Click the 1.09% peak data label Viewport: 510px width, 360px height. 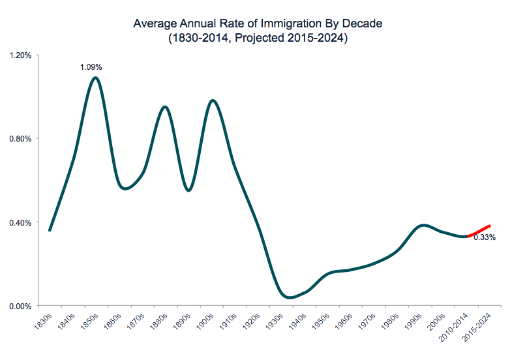click(x=91, y=67)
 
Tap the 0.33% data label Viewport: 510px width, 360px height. click(x=484, y=237)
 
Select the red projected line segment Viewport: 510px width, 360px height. click(x=479, y=231)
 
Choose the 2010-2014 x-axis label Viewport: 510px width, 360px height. click(x=454, y=327)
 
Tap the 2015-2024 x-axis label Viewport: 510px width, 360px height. click(x=477, y=327)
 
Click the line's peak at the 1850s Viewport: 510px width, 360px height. click(x=96, y=78)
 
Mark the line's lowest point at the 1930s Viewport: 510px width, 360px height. click(x=290, y=297)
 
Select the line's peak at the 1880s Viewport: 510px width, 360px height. click(x=165, y=107)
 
